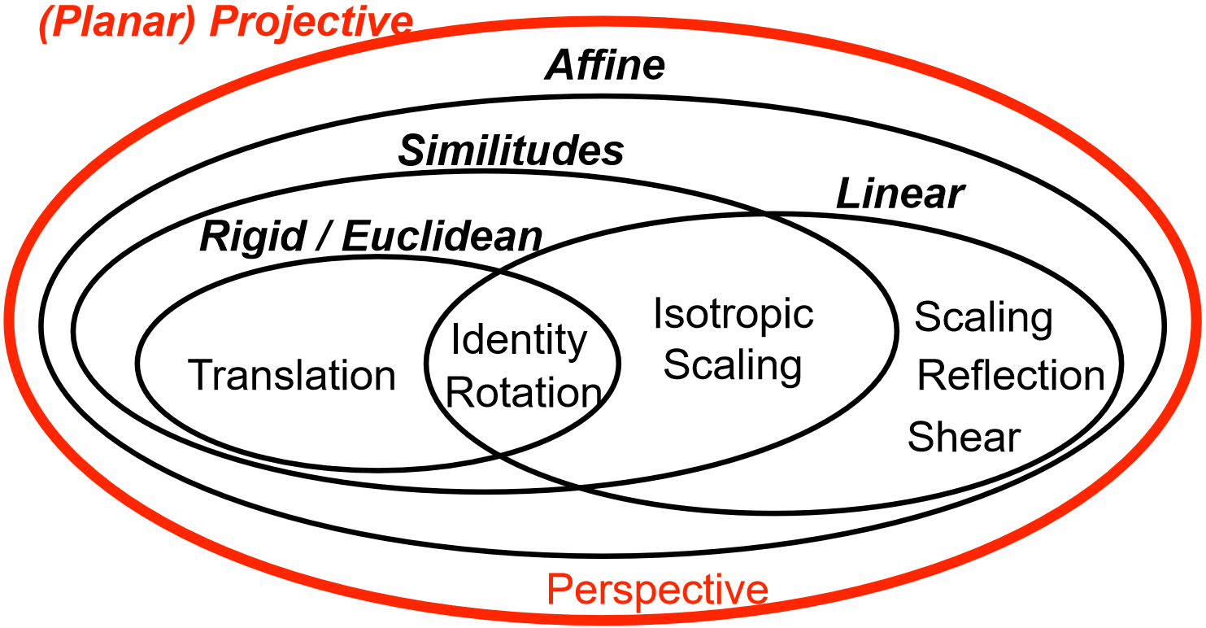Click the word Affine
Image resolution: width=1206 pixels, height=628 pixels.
605,66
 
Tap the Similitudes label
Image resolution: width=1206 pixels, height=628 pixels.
511,151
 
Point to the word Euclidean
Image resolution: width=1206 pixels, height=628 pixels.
442,237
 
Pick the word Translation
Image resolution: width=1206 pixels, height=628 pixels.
292,376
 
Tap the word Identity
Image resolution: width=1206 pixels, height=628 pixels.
519,340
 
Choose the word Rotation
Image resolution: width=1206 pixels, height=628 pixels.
524,393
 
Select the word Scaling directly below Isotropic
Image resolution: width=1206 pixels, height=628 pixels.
733,365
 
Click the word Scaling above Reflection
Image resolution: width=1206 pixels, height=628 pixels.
983,318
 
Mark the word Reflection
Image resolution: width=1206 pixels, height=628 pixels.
1011,376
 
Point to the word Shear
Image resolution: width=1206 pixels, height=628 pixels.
964,438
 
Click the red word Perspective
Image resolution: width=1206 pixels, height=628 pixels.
657,589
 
